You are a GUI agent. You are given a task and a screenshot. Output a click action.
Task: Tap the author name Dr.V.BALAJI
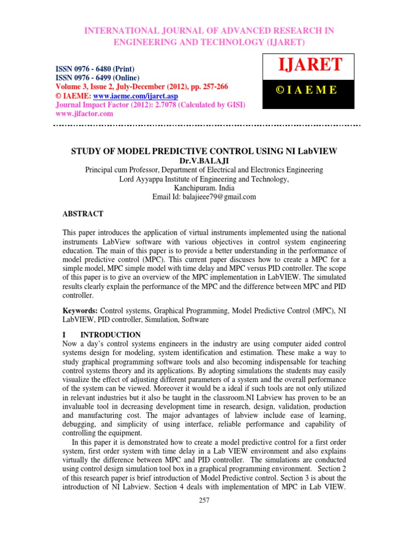coord(204,160)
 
